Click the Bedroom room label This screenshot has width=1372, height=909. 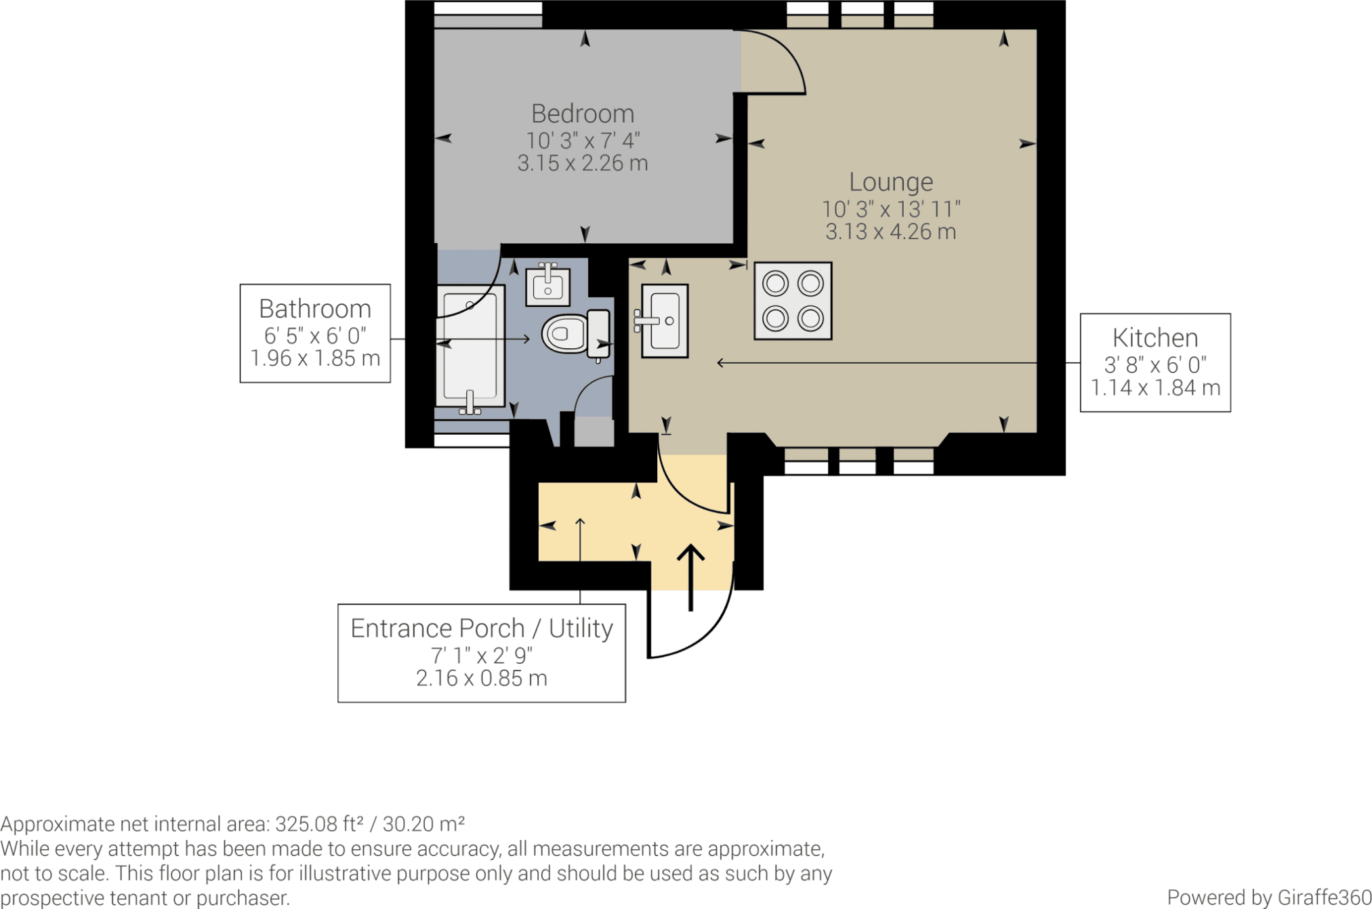click(x=583, y=113)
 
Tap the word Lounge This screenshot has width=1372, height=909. click(x=891, y=182)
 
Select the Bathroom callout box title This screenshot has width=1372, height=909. click(x=315, y=309)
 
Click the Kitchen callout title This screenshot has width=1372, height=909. click(x=1155, y=337)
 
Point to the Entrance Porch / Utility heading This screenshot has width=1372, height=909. click(x=482, y=629)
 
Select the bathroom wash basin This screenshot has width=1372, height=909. click(x=547, y=285)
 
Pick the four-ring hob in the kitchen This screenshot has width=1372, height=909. click(x=793, y=301)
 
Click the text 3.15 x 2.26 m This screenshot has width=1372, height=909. click(x=583, y=163)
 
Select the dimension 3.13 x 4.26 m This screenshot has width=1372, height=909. click(x=891, y=232)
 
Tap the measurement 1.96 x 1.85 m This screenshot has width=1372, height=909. click(x=315, y=358)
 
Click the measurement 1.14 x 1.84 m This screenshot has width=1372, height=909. click(x=1155, y=388)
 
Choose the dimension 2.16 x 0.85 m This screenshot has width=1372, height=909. click(x=482, y=678)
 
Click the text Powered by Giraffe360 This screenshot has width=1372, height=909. click(x=1269, y=897)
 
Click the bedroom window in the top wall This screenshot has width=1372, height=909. click(x=488, y=14)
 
